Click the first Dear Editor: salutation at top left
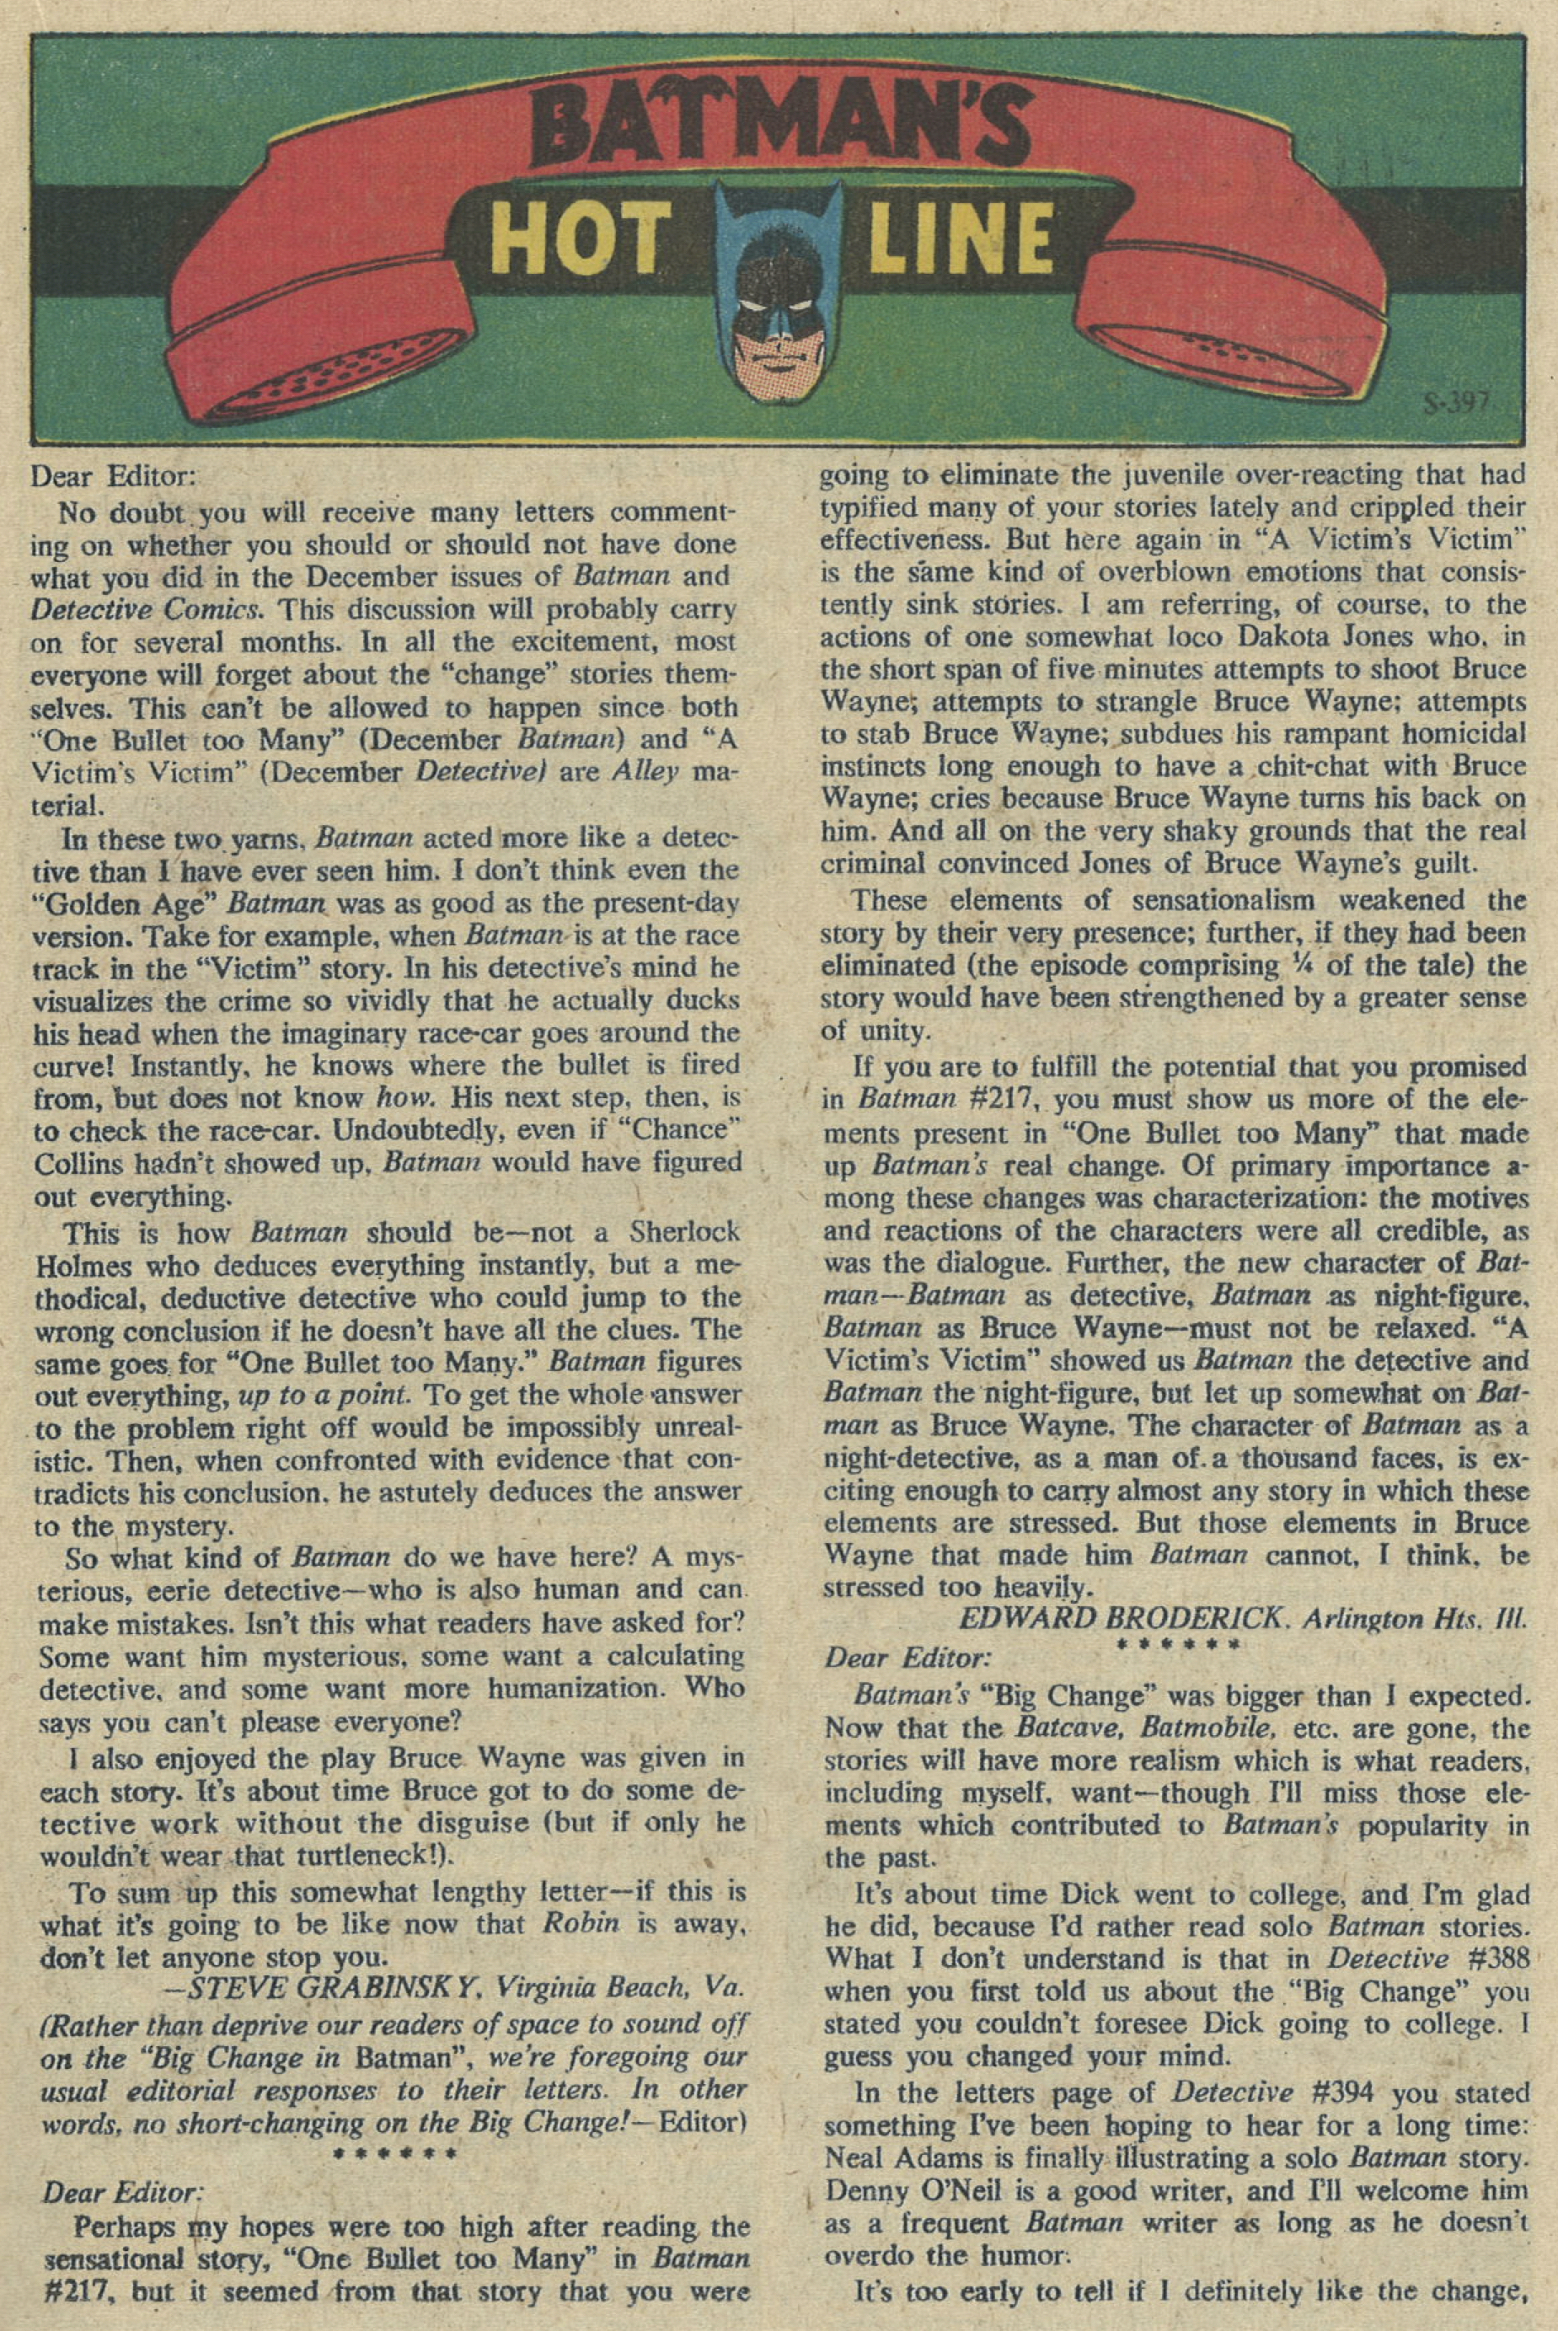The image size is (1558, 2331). click(x=121, y=478)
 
